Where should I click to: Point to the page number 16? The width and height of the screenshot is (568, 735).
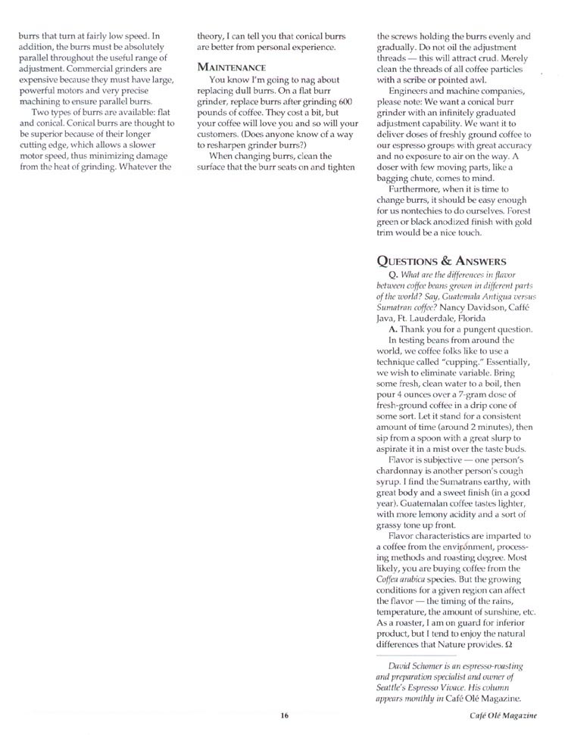pyautogui.click(x=284, y=714)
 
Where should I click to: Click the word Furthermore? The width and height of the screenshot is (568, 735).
pyautogui.click(x=420, y=187)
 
